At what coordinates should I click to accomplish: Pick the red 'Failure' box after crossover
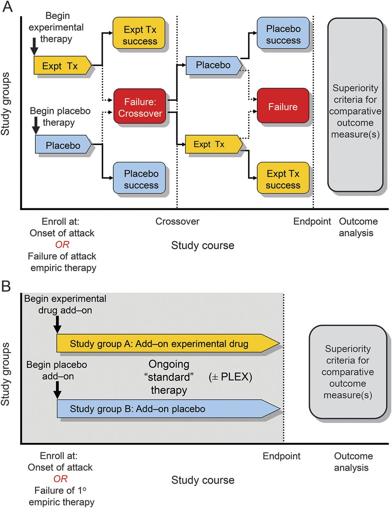pyautogui.click(x=283, y=106)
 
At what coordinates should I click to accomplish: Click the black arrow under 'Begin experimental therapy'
pyautogui.click(x=35, y=47)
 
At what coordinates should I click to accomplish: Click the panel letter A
pyautogui.click(x=8, y=7)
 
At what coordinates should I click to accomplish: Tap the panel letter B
pyautogui.click(x=7, y=286)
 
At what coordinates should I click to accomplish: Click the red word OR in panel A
pyautogui.click(x=62, y=244)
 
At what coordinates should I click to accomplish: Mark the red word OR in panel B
pyautogui.click(x=60, y=479)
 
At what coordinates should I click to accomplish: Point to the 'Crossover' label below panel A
pyautogui.click(x=177, y=221)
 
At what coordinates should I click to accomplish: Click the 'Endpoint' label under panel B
pyautogui.click(x=281, y=456)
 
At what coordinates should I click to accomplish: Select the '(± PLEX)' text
pyautogui.click(x=230, y=377)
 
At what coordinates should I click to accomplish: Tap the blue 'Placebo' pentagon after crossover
pyautogui.click(x=213, y=65)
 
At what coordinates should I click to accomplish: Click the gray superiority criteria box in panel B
pyautogui.click(x=347, y=372)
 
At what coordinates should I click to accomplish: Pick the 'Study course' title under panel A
pyautogui.click(x=203, y=245)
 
